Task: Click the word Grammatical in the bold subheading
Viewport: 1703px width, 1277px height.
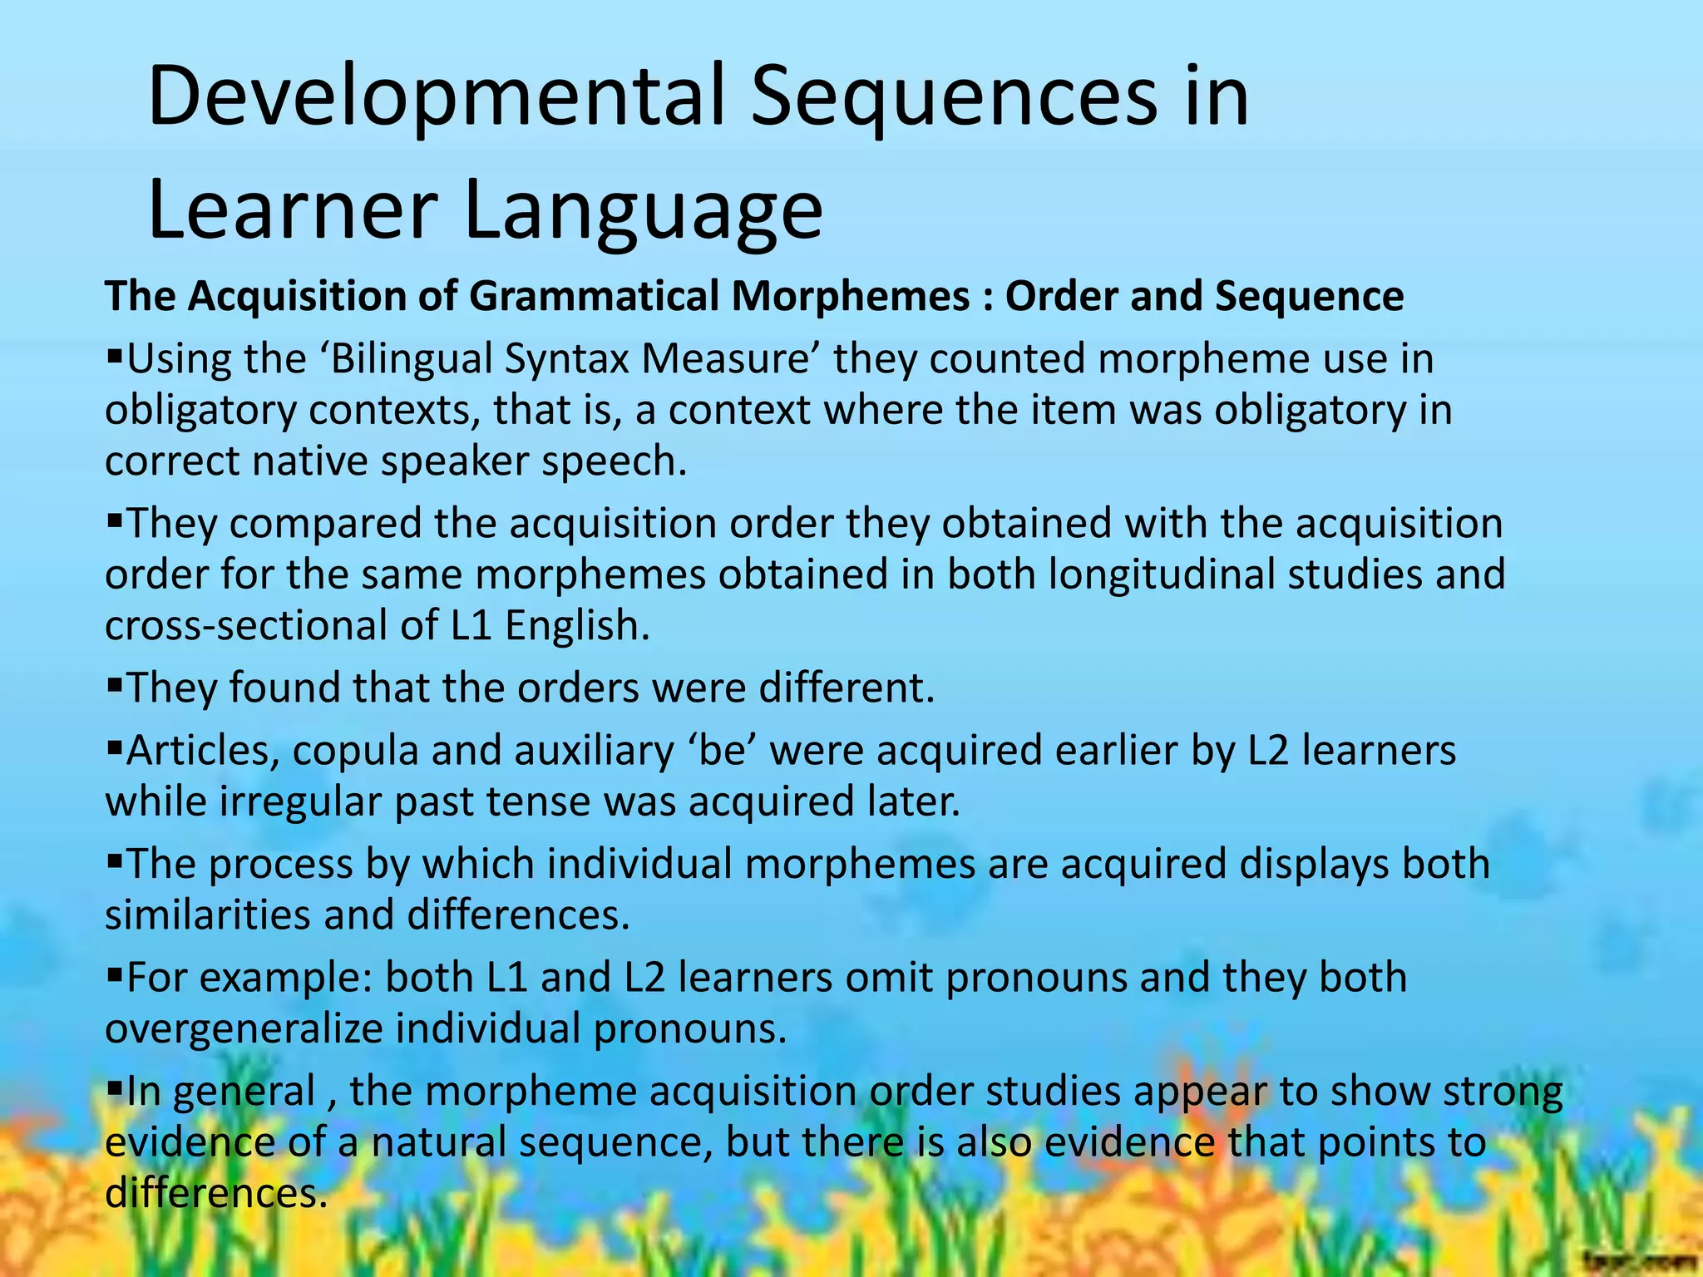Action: [x=595, y=296]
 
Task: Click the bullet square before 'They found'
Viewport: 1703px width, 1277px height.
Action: [x=114, y=686]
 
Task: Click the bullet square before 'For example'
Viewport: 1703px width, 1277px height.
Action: [x=114, y=975]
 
